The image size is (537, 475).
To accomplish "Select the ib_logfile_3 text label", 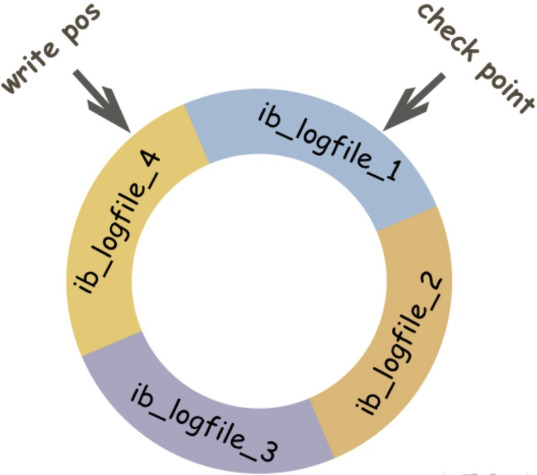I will click(204, 422).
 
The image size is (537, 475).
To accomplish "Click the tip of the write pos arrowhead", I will click(130, 132).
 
